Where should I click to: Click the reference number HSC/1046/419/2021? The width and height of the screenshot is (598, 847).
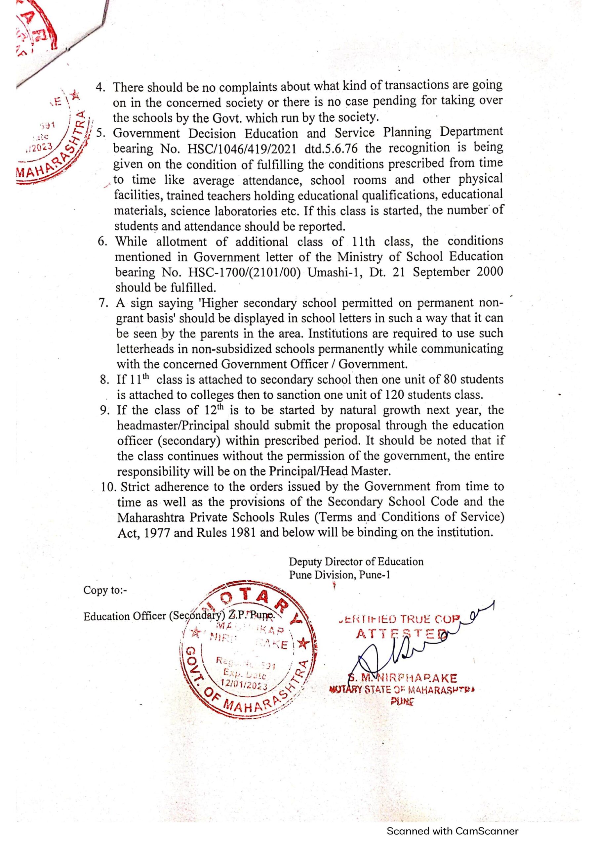tap(242, 149)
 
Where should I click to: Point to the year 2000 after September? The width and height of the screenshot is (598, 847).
tap(490, 271)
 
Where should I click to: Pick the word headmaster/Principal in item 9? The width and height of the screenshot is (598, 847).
tap(174, 425)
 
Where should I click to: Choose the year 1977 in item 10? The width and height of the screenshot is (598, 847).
tap(154, 533)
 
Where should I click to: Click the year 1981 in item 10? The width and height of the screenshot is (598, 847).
tap(241, 533)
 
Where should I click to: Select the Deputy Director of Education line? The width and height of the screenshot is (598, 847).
tap(356, 561)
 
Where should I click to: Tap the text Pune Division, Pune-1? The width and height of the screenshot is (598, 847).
tap(339, 575)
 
